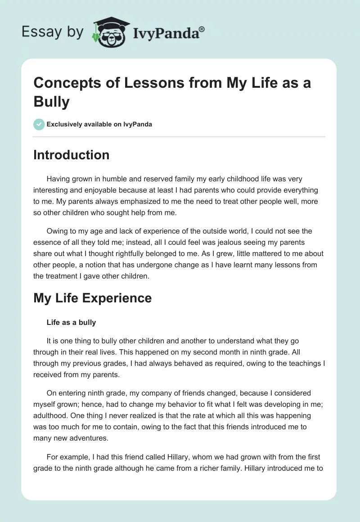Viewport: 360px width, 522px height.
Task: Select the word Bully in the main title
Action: coord(51,102)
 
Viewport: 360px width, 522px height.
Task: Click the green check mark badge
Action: coord(39,124)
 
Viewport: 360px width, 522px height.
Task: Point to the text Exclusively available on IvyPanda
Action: coord(99,124)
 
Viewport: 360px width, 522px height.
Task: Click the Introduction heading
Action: coord(71,155)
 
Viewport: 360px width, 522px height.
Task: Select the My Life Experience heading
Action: coord(92,298)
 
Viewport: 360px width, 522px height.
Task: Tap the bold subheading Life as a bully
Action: coord(71,322)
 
